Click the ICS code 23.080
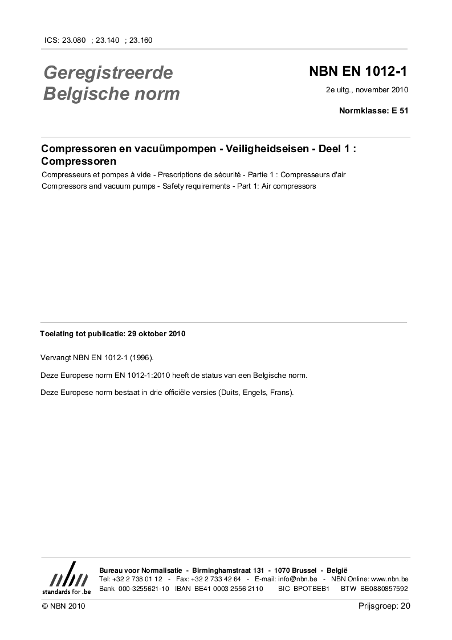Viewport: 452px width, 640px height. tap(74, 40)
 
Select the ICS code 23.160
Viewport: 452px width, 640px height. tap(141, 40)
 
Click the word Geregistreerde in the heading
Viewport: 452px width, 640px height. tap(108, 73)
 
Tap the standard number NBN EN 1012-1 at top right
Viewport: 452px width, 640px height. tap(359, 72)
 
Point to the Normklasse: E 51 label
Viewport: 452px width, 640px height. tap(373, 111)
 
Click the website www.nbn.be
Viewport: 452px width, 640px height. tap(389, 579)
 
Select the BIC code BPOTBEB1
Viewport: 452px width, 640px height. tap(312, 588)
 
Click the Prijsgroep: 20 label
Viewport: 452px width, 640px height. tap(384, 606)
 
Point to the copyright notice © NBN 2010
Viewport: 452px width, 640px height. tap(63, 606)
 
